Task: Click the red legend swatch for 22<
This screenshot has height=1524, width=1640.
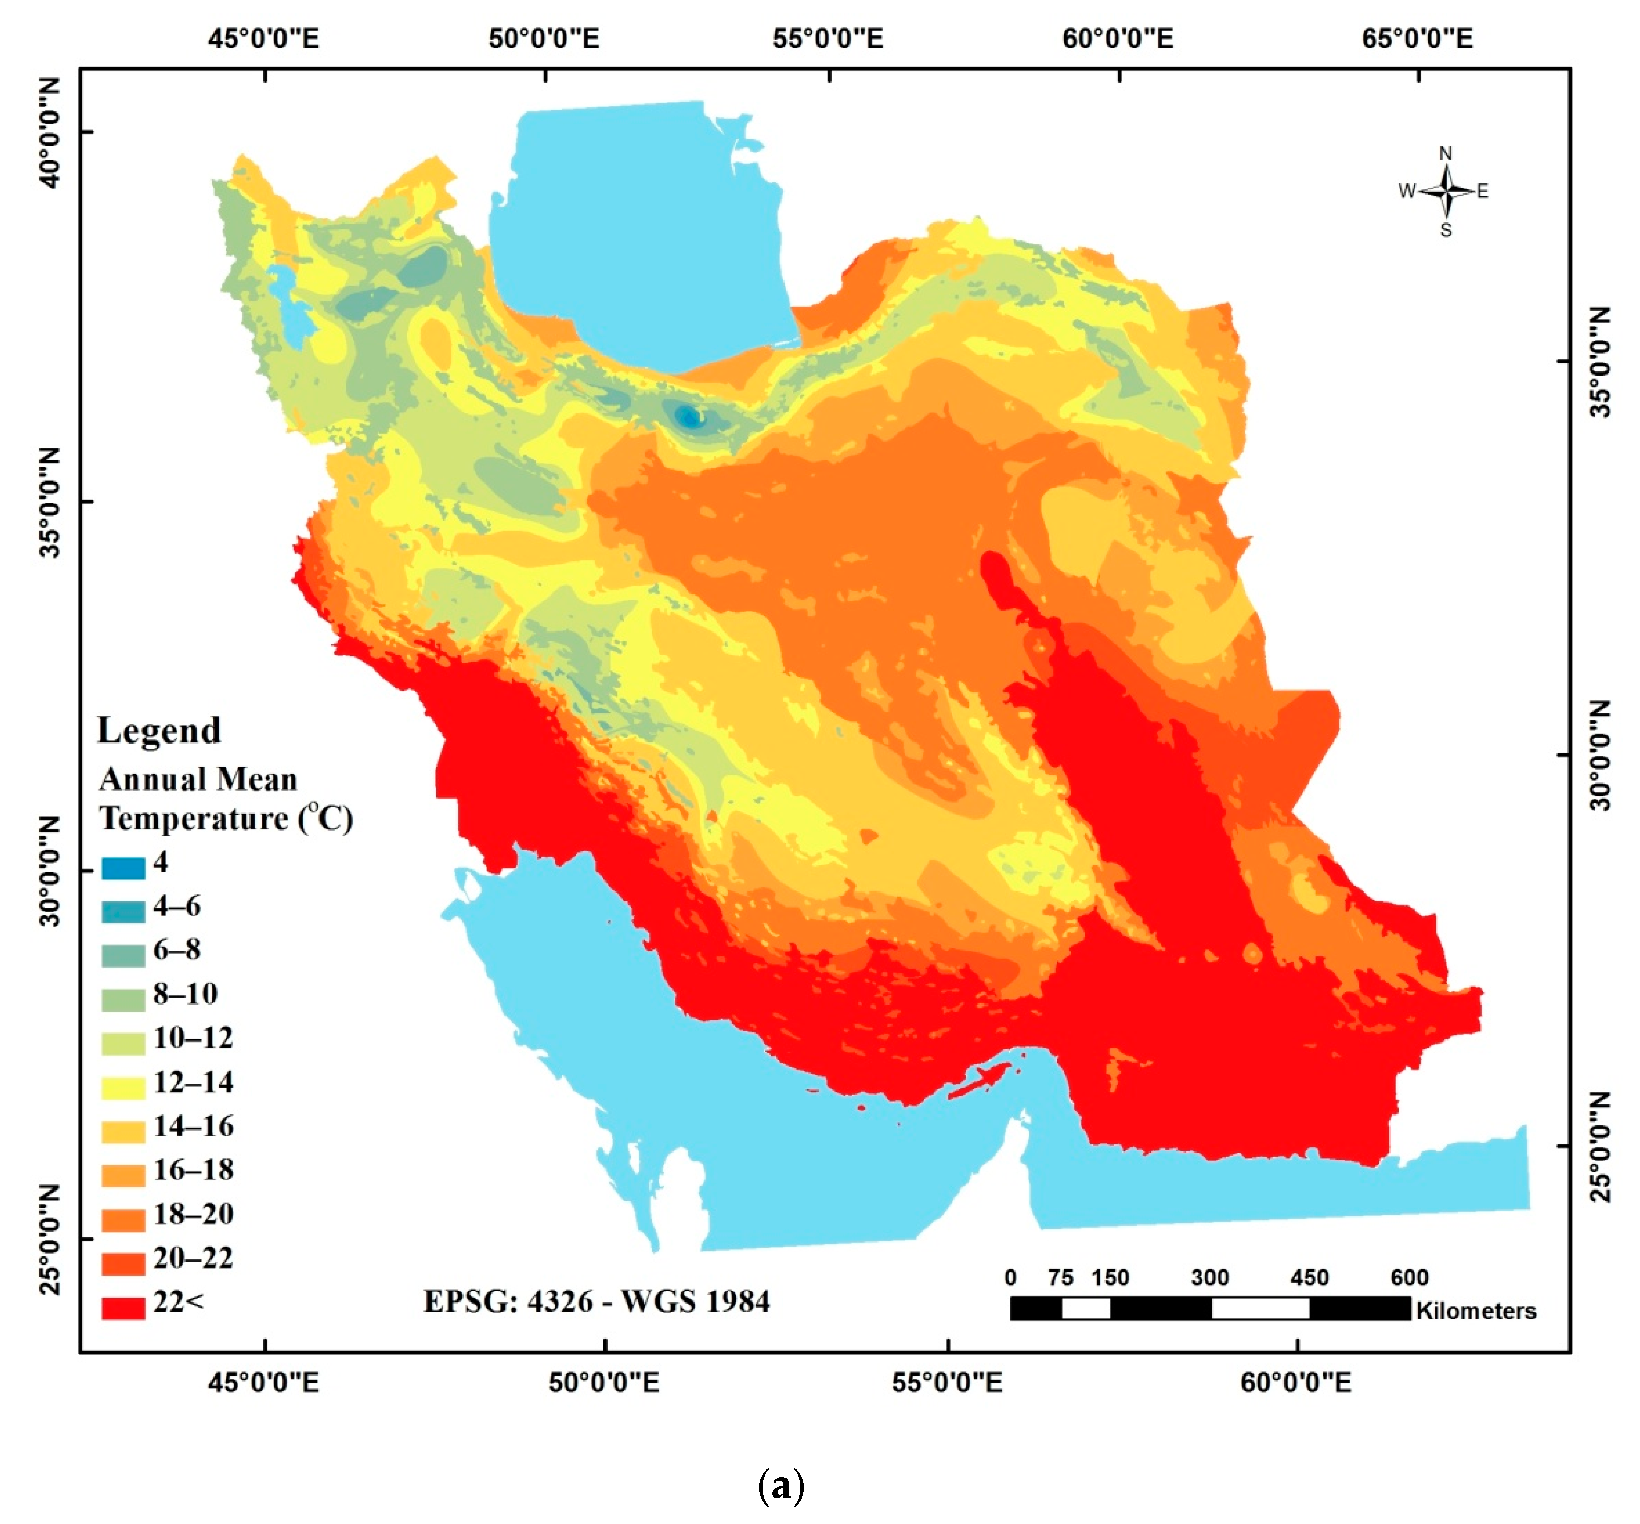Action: [123, 1307]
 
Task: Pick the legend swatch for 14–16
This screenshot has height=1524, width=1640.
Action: [123, 1131]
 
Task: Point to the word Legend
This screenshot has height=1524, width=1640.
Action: [159, 730]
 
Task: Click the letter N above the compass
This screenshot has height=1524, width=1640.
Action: [1445, 154]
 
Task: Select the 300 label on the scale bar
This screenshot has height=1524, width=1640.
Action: [1209, 1277]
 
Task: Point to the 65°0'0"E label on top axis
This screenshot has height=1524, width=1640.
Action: [1417, 39]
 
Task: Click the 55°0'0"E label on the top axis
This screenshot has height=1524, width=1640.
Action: [828, 39]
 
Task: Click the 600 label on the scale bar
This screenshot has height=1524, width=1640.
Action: [1409, 1277]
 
